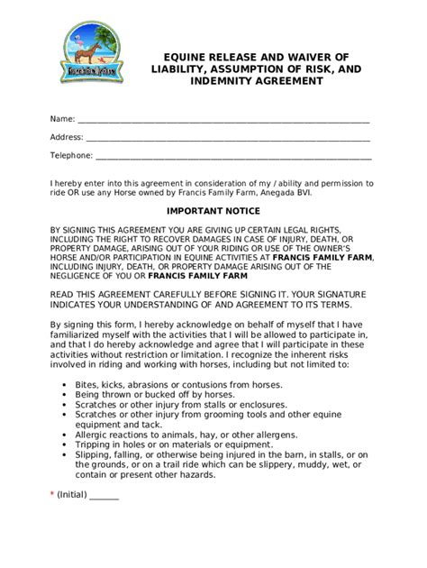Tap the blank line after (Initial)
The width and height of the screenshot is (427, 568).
[104, 498]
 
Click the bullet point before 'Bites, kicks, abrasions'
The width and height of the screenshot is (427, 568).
[66, 384]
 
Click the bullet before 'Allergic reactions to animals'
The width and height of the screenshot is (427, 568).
[66, 434]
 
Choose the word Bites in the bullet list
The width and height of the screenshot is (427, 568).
[90, 384]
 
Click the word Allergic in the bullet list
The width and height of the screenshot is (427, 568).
[96, 434]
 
